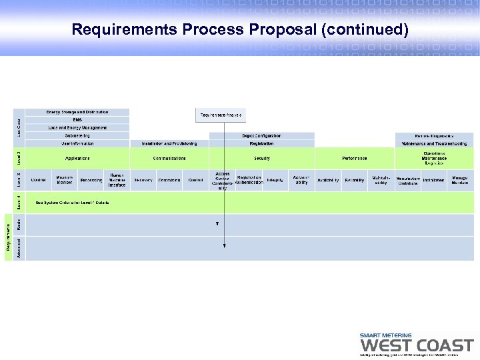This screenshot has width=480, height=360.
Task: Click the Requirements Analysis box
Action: point(221,115)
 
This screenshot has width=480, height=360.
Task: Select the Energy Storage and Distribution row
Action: point(77,112)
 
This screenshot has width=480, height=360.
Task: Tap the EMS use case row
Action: point(77,120)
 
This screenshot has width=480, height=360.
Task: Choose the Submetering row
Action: point(77,135)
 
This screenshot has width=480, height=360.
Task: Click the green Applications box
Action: point(77,159)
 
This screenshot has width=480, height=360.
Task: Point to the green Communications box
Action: point(169,159)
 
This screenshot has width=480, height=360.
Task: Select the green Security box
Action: point(261,159)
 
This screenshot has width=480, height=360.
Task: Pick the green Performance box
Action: point(354,159)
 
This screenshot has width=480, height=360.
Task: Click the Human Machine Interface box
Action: point(117,180)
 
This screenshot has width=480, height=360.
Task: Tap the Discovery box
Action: point(143,180)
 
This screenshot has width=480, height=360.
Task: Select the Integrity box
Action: point(275,180)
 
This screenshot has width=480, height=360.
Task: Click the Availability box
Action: point(327,180)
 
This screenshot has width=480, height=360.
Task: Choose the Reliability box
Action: point(354,180)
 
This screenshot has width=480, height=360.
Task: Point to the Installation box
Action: point(433,180)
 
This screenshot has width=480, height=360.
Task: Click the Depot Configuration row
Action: point(261,135)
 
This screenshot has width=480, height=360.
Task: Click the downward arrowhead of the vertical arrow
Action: point(225,246)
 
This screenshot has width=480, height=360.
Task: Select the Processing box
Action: point(91,180)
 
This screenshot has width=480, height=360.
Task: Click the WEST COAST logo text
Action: point(417,346)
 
